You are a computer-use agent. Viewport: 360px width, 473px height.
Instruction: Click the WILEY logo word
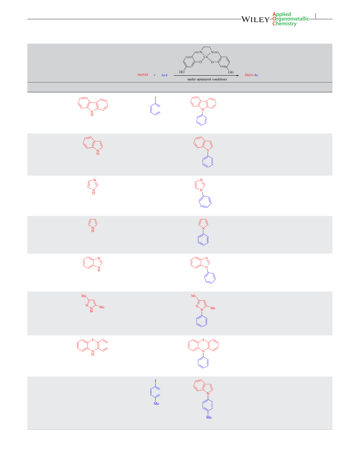pos(255,20)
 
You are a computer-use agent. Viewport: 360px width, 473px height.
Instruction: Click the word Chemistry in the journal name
pos(285,24)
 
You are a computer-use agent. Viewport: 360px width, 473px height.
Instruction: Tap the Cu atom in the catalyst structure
pos(206,57)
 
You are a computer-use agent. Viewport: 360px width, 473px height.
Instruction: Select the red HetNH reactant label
pos(143,75)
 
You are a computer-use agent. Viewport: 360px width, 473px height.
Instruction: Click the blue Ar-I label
pos(164,75)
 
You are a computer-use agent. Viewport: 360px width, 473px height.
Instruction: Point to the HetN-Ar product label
pos(252,75)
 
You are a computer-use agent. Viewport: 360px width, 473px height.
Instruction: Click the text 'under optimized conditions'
pos(207,79)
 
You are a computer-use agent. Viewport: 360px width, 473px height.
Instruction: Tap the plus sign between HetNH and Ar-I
pos(155,75)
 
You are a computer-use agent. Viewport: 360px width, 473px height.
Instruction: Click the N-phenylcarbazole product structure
pos(203,111)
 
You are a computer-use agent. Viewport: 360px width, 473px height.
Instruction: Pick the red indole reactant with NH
pos(93,146)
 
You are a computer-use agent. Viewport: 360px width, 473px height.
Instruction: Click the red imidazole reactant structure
pos(93,186)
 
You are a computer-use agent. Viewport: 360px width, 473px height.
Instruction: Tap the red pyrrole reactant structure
pos(93,225)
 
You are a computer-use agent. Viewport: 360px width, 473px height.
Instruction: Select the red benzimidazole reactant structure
pos(93,264)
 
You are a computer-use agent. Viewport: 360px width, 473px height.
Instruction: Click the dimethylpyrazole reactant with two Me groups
pos(93,303)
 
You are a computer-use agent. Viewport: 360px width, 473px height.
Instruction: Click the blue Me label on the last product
pos(209,417)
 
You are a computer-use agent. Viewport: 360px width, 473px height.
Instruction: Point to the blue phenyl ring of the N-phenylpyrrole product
pos(203,239)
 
